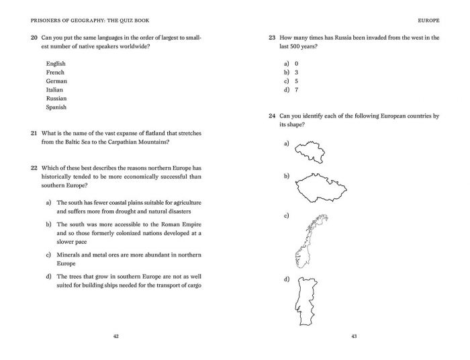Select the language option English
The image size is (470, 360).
[56, 64]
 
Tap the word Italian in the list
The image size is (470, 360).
[55, 90]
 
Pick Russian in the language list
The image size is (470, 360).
[56, 99]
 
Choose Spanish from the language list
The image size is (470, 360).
[56, 107]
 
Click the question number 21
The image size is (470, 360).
[34, 133]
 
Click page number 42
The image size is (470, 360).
[116, 336]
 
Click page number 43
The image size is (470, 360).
[354, 336]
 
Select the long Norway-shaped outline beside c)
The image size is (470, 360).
[311, 238]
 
